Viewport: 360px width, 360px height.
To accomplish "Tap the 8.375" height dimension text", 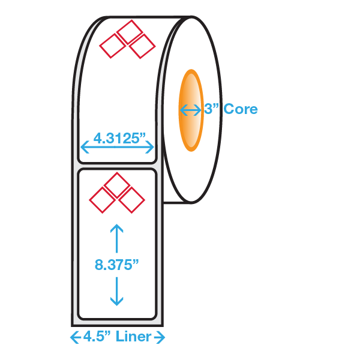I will click(x=117, y=265).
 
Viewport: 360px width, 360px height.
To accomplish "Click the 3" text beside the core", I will click(x=211, y=109).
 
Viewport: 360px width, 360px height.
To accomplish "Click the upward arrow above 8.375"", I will click(x=117, y=237).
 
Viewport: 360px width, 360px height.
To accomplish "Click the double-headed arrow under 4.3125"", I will click(x=117, y=146).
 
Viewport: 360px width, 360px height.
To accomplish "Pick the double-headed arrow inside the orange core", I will click(x=191, y=110).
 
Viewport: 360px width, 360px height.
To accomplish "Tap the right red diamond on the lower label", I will click(x=132, y=199).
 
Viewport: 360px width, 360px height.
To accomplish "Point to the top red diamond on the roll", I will click(x=128, y=31).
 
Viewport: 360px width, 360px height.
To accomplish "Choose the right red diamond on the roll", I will click(x=143, y=46).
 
